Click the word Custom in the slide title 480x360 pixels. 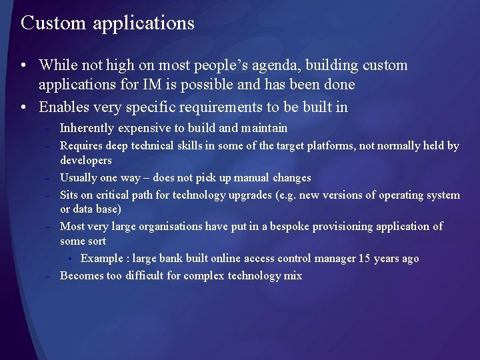[54, 23]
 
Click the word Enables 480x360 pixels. [65, 107]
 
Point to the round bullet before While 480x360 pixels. [23, 66]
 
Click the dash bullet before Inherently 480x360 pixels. [49, 129]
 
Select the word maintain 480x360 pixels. [265, 128]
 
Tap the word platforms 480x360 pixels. [331, 145]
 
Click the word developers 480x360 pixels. [85, 161]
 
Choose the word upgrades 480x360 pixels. [251, 195]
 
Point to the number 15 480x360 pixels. [364, 258]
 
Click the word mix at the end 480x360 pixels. [293, 275]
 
